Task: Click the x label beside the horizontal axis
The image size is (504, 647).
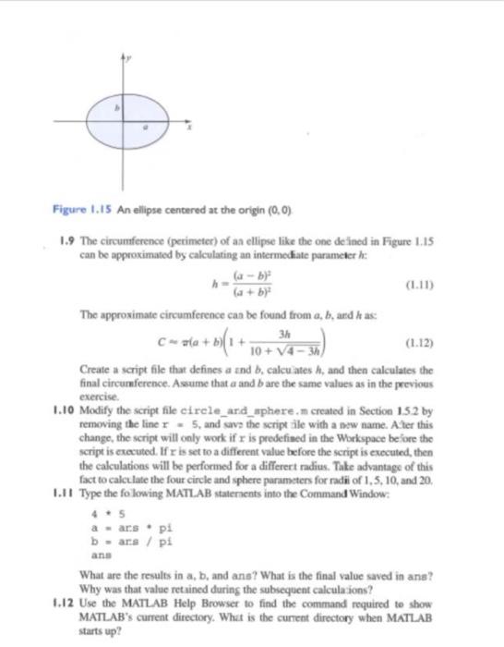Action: click(x=191, y=130)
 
